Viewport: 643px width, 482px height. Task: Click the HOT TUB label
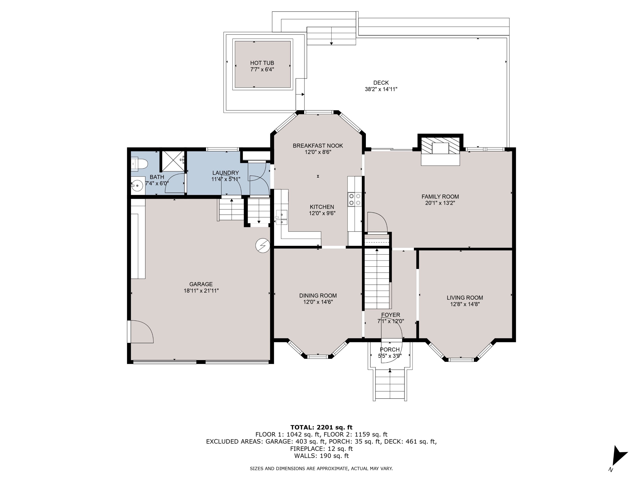tap(262, 63)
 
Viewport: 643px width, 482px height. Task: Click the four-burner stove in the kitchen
tap(355, 199)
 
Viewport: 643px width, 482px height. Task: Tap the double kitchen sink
tap(281, 218)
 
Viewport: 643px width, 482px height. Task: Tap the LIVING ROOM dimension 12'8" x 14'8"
tap(465, 304)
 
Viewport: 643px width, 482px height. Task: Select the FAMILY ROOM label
tap(440, 197)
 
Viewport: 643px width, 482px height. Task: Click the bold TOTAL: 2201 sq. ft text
tap(321, 427)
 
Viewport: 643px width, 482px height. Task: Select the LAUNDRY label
tap(225, 173)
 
